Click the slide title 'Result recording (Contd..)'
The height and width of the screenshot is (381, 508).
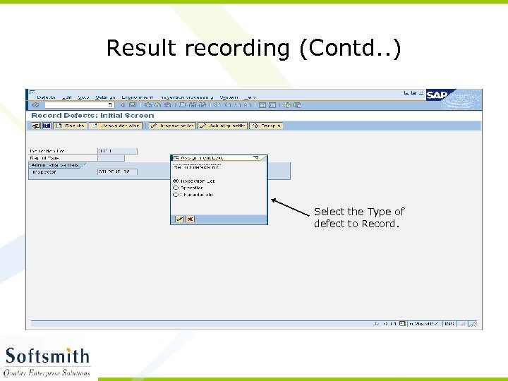click(253, 48)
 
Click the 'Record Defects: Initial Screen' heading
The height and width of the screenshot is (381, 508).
click(92, 115)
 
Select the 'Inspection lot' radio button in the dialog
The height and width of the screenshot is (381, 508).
click(176, 181)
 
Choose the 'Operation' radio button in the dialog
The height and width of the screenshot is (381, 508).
click(176, 188)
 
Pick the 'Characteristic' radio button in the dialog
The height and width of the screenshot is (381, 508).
click(176, 195)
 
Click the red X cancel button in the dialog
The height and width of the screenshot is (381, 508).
click(190, 219)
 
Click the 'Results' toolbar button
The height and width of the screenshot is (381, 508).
click(71, 126)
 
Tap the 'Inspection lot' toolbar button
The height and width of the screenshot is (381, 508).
click(171, 126)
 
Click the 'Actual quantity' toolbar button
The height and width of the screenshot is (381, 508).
click(222, 126)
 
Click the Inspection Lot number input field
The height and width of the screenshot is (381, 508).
click(116, 150)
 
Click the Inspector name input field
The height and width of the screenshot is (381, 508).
click(116, 171)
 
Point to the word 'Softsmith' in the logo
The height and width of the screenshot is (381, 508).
click(47, 356)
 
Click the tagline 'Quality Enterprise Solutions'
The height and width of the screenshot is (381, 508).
click(47, 373)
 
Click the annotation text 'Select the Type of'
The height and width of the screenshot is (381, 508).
click(359, 212)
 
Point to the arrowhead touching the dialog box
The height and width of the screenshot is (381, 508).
click(272, 200)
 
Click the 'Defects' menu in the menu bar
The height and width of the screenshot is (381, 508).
click(46, 97)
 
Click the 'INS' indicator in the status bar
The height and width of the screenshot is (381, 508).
click(449, 324)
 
